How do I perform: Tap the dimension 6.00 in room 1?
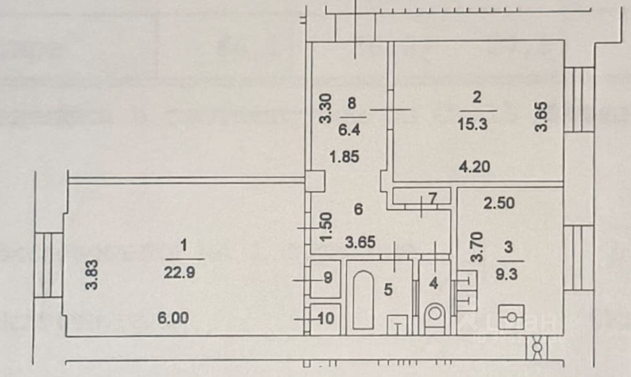(x=173, y=318)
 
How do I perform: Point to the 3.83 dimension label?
(x=91, y=275)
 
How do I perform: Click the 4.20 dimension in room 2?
(x=474, y=167)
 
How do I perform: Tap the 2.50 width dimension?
(x=498, y=203)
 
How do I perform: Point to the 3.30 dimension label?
(x=326, y=109)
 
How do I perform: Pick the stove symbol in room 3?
(x=511, y=317)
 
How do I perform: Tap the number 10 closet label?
(x=326, y=319)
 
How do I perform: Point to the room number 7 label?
(x=432, y=199)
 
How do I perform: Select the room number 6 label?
(x=358, y=209)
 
